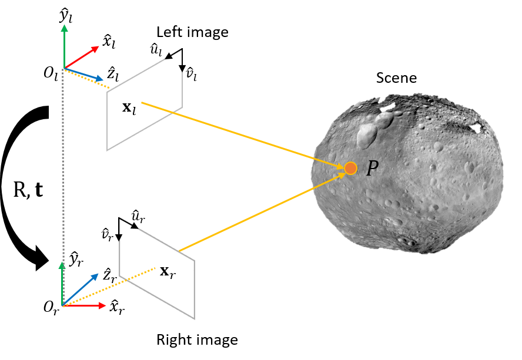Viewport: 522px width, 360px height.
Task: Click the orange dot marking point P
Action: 350,169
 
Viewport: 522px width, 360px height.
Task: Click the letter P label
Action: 372,169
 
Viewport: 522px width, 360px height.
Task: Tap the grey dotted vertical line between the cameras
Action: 63,176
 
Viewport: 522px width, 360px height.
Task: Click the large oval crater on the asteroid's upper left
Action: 367,135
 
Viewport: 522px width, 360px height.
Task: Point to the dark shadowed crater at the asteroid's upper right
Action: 473,126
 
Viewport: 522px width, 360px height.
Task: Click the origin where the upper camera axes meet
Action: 63,69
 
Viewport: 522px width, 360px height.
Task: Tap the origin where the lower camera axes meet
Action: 62,305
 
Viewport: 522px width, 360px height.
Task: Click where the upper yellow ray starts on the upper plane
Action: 142,103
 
